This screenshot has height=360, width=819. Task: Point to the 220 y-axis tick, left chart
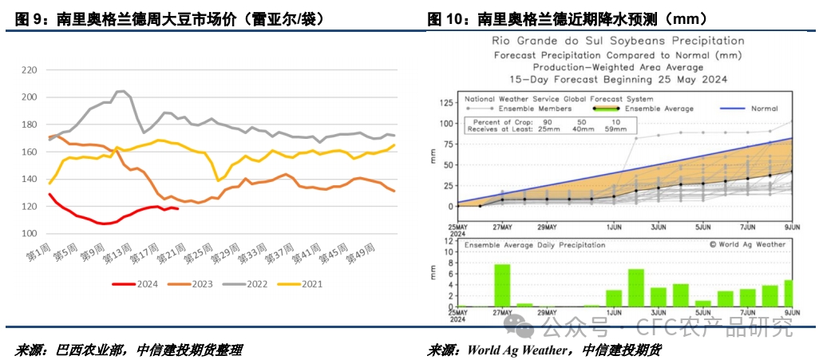tap(29, 70)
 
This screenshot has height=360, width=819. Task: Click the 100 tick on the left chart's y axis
tap(29, 234)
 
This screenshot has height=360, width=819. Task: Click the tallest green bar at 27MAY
tap(502, 285)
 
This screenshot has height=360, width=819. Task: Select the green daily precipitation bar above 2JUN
tap(636, 287)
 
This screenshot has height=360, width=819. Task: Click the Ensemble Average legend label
tap(659, 109)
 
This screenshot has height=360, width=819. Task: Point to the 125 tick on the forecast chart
tap(445, 103)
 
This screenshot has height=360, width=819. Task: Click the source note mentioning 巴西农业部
tap(129, 350)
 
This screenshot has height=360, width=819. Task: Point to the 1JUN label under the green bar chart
tap(613, 312)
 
